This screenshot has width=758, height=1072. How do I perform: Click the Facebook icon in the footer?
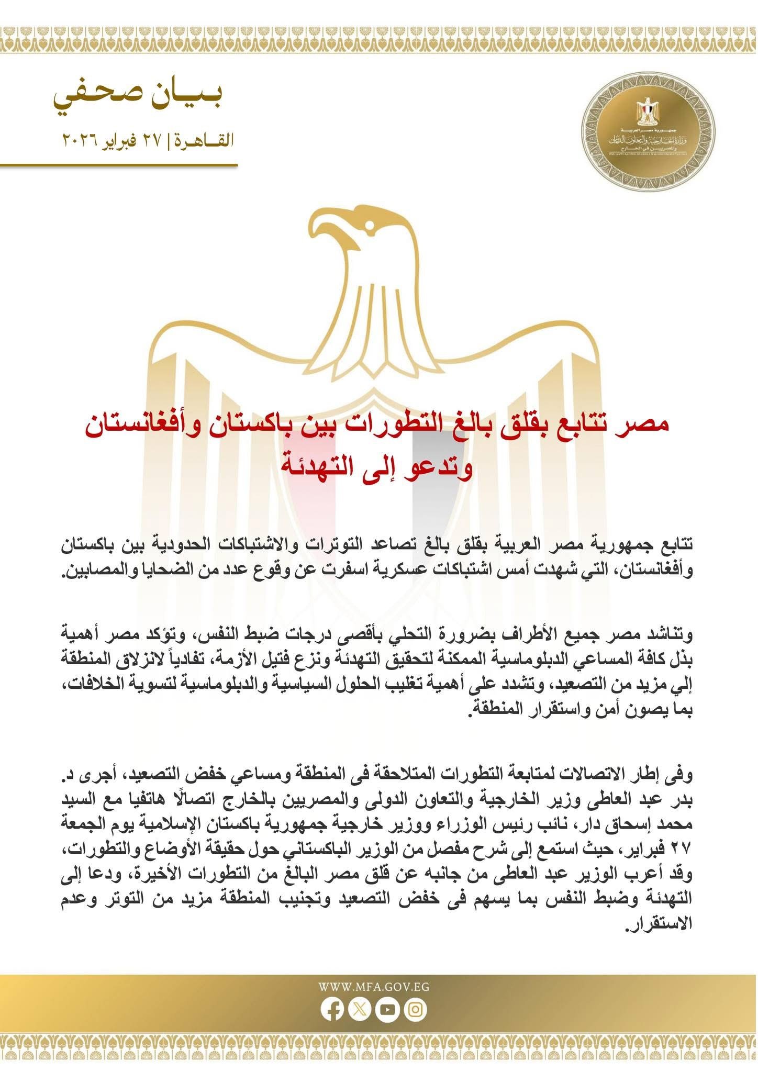pos(332,1010)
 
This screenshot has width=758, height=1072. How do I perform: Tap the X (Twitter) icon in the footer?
pos(360,1010)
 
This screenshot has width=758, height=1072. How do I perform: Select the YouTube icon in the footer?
pos(388,1010)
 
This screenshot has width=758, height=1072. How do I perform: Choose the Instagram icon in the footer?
pos(416,1010)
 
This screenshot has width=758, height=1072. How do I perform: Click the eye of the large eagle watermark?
pos(370,225)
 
